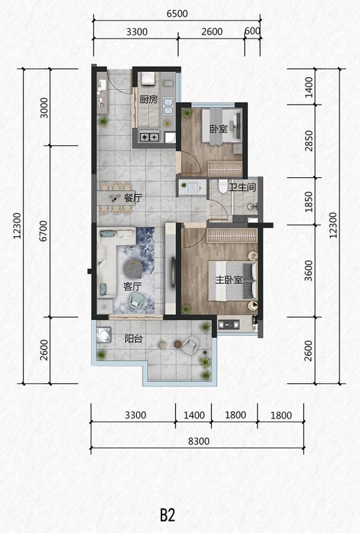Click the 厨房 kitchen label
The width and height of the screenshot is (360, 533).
point(149,99)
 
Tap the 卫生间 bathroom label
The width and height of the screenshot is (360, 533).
point(242,187)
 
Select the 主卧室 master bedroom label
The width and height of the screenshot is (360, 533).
point(229,280)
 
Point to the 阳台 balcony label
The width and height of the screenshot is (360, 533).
point(133,338)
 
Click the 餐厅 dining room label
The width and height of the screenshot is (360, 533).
point(133,198)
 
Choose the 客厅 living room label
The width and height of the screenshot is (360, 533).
point(133,286)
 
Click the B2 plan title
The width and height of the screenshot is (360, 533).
point(167,515)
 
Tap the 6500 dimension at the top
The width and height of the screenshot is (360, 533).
point(177,13)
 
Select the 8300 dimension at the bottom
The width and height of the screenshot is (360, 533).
point(199,441)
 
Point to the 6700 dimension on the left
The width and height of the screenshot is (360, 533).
point(43,231)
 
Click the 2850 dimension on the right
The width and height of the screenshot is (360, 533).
point(309,141)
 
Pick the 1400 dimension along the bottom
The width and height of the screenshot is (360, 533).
point(194,415)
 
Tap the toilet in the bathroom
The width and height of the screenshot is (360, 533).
point(223,186)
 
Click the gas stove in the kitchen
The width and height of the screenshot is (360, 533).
point(149,137)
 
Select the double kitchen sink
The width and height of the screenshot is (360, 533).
point(168,106)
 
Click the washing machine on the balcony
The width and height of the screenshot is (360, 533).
point(104,334)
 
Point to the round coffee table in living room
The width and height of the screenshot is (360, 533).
point(133,269)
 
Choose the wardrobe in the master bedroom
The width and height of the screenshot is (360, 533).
point(232,235)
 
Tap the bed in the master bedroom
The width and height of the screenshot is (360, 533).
point(233,280)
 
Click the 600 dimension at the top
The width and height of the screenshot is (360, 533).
point(253,31)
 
